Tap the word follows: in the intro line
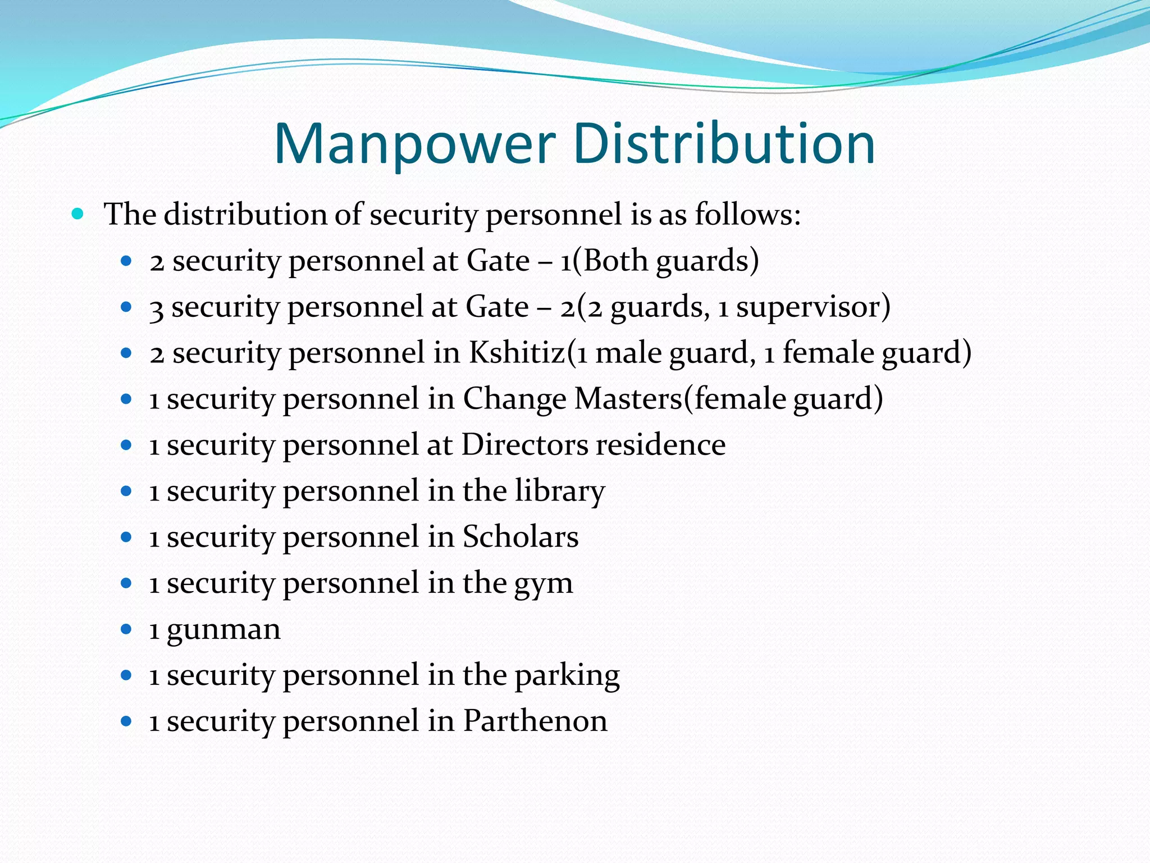tap(747, 215)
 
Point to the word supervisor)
tap(813, 307)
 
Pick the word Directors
tap(524, 445)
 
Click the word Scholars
tap(521, 537)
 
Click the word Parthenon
tap(535, 721)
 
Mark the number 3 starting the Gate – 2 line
tap(156, 308)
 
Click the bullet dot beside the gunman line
tap(126, 629)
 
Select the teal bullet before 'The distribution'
tap(78, 214)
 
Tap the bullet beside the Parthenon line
tap(126, 721)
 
